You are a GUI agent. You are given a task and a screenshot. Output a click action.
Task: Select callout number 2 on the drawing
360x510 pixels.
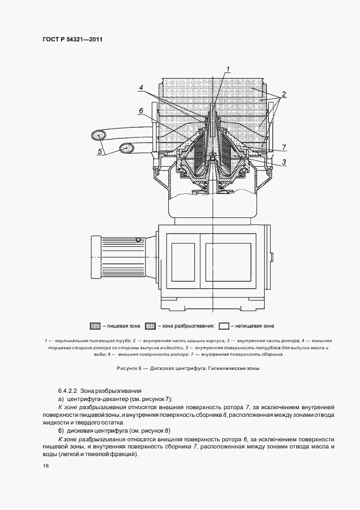point(284,94)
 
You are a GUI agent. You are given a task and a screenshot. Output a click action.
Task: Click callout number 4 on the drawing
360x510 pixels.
point(141,87)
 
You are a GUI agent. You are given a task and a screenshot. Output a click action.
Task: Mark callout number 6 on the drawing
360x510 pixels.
point(141,111)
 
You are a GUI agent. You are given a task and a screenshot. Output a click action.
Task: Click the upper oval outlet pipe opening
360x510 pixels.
point(100,134)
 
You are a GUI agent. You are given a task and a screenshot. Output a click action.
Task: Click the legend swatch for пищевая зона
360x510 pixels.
point(95,326)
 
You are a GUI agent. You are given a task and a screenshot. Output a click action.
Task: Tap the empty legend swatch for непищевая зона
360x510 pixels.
point(223,326)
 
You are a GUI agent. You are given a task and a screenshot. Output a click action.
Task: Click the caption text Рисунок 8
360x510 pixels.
point(129,369)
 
